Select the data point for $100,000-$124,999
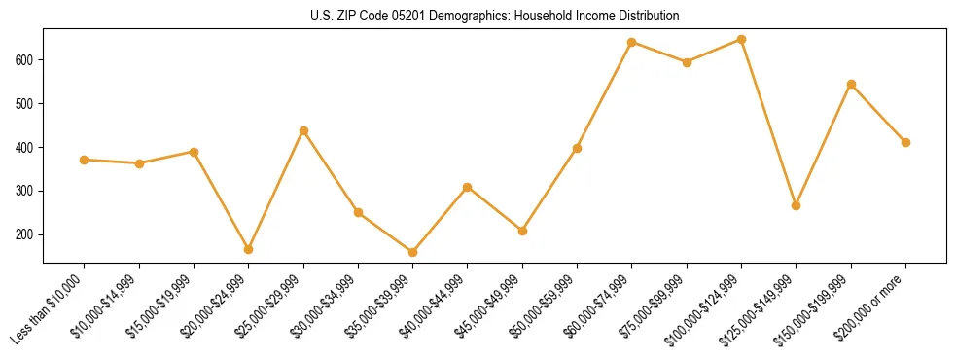tap(741, 40)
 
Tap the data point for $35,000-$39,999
tap(412, 252)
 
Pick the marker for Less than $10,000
tap(85, 160)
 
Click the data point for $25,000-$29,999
tap(303, 130)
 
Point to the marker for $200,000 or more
tap(905, 142)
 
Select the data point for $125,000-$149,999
tap(796, 205)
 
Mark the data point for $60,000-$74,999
tap(632, 42)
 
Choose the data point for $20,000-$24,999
tap(249, 249)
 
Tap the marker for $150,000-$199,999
tap(851, 84)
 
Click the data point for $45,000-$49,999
tap(522, 231)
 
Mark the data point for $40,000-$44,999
tap(468, 187)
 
